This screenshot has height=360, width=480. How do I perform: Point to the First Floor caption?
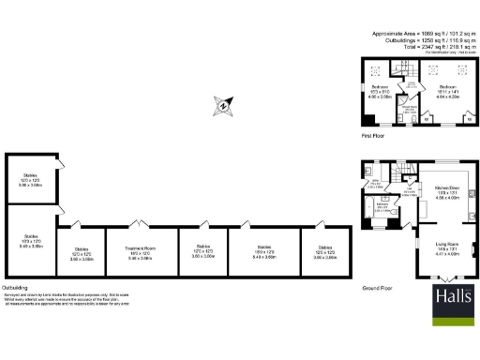point(374,137)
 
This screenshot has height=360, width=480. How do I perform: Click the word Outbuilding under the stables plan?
point(15,287)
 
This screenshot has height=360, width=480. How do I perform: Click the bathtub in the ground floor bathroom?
point(371,214)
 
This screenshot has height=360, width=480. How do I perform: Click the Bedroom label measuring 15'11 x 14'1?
point(446,92)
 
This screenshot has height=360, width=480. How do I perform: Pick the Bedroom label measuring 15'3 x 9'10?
point(378,92)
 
